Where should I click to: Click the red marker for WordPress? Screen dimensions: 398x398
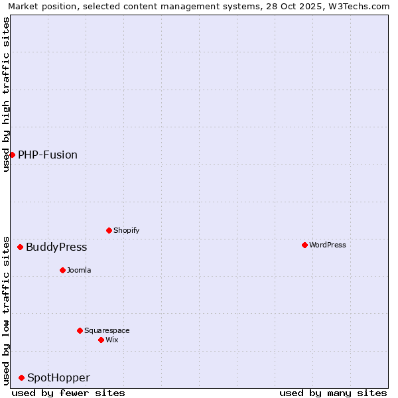(x=304, y=245)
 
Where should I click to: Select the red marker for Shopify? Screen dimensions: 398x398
(x=109, y=230)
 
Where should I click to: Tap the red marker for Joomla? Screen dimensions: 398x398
(x=62, y=270)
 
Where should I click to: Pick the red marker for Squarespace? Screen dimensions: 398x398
(x=80, y=330)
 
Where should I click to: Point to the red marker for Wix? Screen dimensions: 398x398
(x=101, y=340)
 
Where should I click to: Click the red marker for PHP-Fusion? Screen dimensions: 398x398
(x=12, y=155)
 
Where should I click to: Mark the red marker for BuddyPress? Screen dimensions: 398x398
(x=20, y=247)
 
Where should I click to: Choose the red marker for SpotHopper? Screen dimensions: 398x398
(x=21, y=377)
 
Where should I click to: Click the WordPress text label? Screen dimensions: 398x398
(x=328, y=245)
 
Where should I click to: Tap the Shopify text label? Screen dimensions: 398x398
(x=126, y=230)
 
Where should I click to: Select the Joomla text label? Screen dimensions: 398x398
(x=79, y=270)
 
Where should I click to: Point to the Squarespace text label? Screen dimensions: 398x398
(x=107, y=330)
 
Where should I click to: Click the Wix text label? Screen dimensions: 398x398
(x=112, y=340)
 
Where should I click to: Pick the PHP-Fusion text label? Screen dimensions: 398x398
(x=48, y=155)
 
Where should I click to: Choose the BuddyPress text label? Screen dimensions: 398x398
(x=56, y=247)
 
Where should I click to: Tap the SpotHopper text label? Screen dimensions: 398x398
(x=58, y=377)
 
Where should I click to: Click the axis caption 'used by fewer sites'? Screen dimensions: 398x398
(x=68, y=393)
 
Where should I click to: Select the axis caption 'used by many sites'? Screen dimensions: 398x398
(x=333, y=393)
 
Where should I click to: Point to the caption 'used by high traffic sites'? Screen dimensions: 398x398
(x=6, y=94)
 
